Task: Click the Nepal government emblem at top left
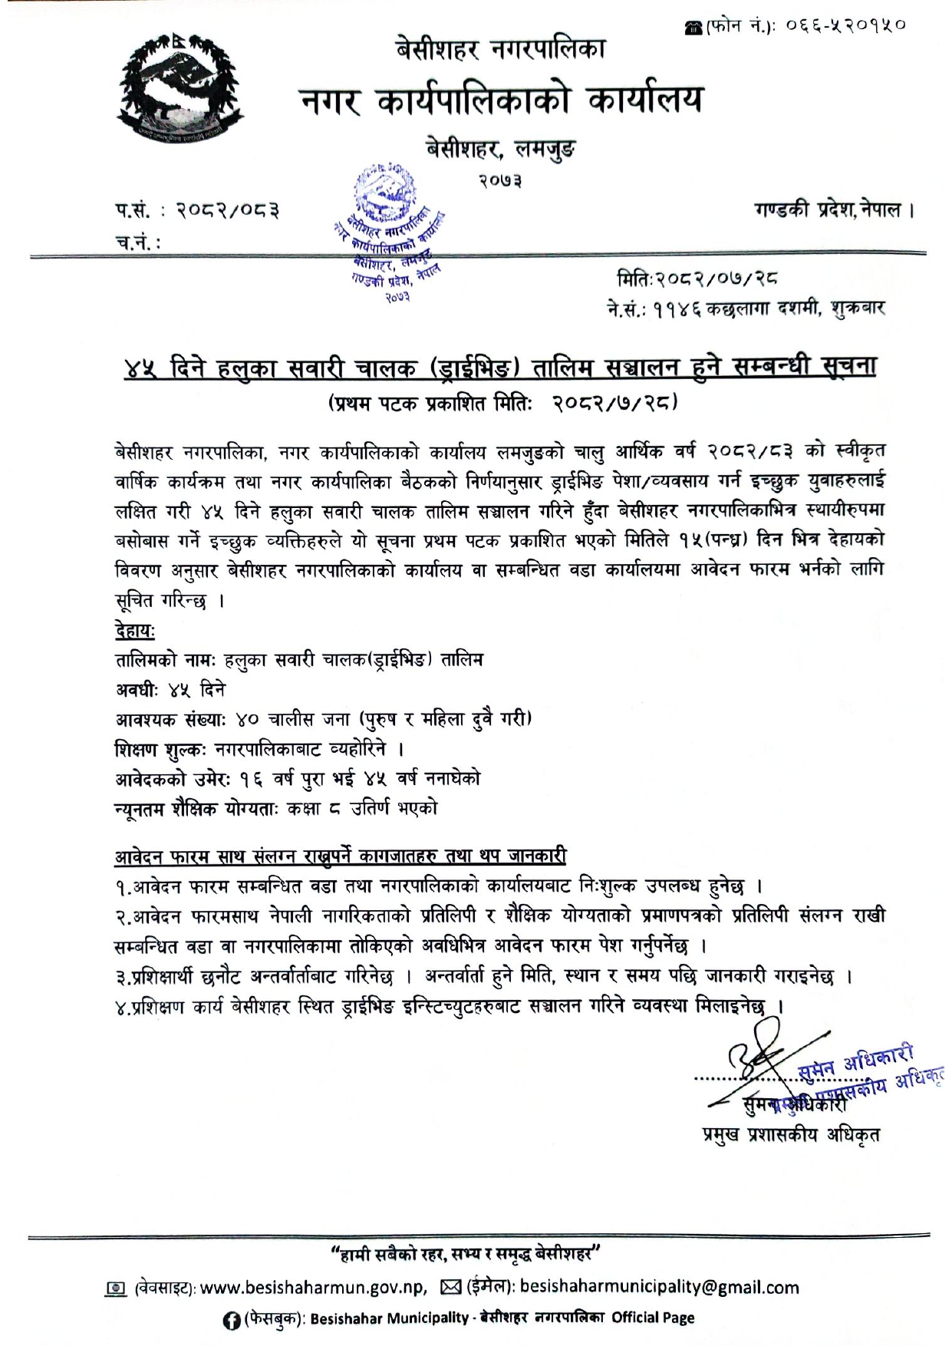tap(180, 89)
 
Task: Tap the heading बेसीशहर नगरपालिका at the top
tap(499, 50)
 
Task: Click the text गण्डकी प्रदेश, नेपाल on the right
tap(834, 209)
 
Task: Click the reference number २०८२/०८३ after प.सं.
tap(227, 209)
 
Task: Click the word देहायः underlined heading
tap(135, 631)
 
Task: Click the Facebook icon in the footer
tap(228, 1318)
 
